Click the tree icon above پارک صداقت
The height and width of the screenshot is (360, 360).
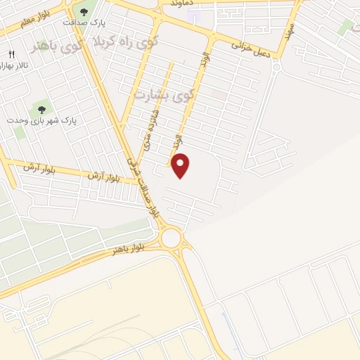pyautogui.click(x=84, y=11)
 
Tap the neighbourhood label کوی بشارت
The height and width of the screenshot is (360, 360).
pyautogui.click(x=172, y=93)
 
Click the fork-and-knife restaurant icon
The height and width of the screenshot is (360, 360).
pyautogui.click(x=11, y=55)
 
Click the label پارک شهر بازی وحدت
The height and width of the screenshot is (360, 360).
pyautogui.click(x=41, y=120)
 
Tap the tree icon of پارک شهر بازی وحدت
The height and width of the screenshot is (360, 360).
pyautogui.click(x=41, y=109)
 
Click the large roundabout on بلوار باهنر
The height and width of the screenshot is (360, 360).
pyautogui.click(x=170, y=237)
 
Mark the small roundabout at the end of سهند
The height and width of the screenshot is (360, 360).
pyautogui.click(x=276, y=67)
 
